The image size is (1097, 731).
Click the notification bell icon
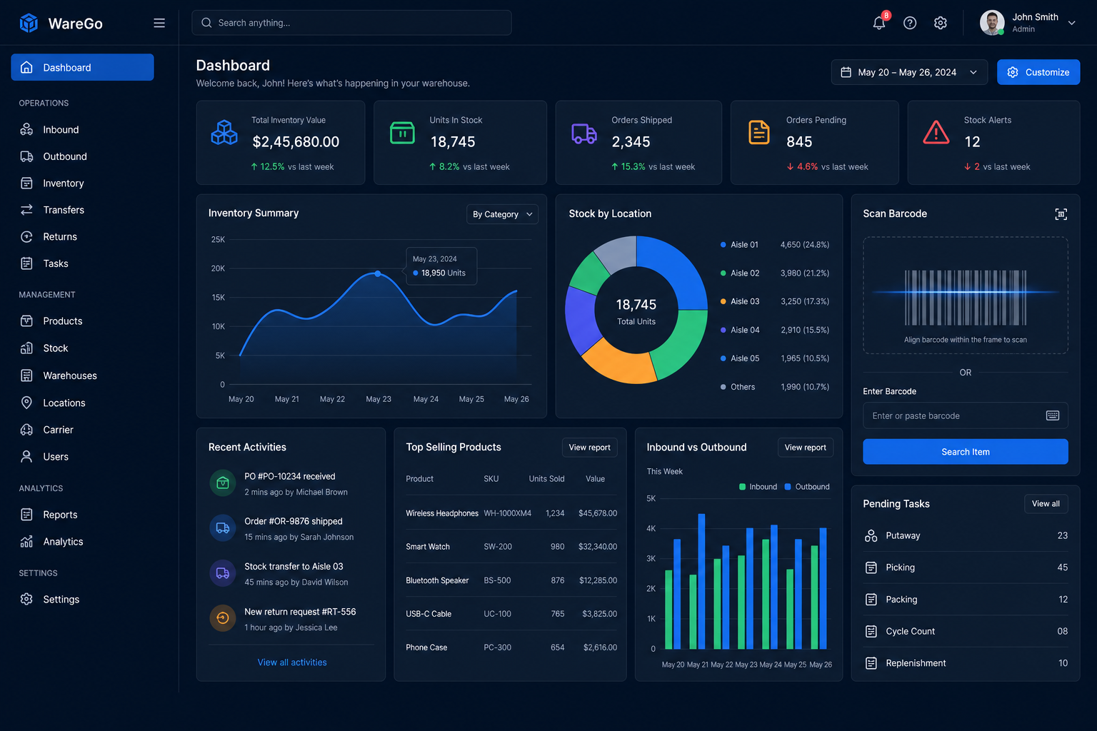[x=878, y=23]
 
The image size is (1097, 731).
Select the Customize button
[x=1038, y=72]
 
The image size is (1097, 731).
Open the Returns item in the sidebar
[x=60, y=236]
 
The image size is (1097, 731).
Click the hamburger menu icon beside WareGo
[x=159, y=23]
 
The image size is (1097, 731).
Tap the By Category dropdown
[x=502, y=214]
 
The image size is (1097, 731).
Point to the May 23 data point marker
[x=378, y=273]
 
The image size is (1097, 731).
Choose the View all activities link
[x=292, y=662]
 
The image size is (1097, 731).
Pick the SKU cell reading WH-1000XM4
[x=507, y=513]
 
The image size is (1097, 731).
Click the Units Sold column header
[x=546, y=478]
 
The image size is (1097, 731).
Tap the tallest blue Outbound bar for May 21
[x=702, y=581]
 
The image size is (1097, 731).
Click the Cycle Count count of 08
[x=1062, y=631]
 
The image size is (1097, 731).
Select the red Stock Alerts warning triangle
[x=936, y=132]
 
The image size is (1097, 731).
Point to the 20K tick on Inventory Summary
[x=218, y=268]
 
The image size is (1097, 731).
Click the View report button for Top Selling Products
[x=590, y=448]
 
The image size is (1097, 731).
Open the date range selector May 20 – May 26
[x=909, y=72]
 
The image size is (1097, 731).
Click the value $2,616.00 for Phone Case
[x=600, y=647]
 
